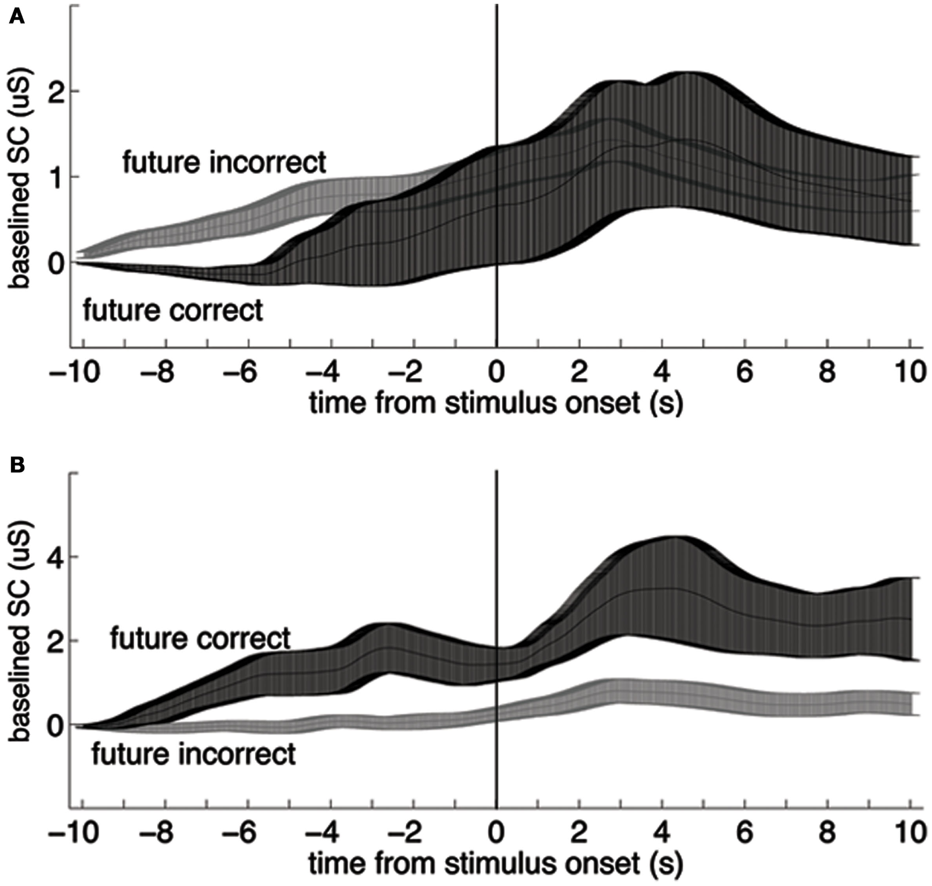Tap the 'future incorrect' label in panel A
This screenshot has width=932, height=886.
[224, 162]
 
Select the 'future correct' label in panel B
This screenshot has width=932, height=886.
[200, 639]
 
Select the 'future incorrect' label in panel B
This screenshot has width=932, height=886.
[193, 754]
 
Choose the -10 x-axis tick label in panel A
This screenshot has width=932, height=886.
[74, 373]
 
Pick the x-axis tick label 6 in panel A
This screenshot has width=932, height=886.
[744, 373]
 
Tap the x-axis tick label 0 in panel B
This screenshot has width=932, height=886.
[496, 832]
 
